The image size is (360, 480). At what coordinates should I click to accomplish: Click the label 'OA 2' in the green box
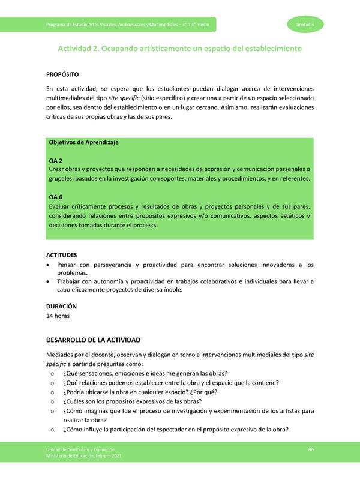tap(55, 161)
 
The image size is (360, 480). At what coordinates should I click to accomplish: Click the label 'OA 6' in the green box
tap(55, 196)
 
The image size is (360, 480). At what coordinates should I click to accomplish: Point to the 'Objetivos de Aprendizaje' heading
tap(83, 143)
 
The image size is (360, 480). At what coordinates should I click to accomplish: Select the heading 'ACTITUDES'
tap(62, 255)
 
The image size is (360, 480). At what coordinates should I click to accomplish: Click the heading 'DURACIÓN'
tap(61, 306)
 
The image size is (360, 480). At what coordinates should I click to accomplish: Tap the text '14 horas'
tap(58, 316)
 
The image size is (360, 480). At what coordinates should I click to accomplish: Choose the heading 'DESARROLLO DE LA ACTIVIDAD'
tap(93, 340)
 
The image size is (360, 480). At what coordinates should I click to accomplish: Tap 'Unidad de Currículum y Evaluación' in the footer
tap(80, 450)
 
